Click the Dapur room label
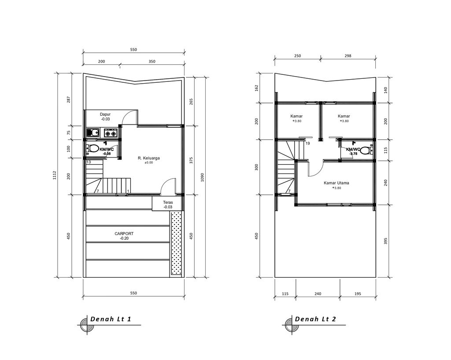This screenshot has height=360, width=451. point(105,114)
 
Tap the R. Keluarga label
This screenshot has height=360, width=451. point(148,158)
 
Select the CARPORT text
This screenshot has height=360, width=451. point(124,234)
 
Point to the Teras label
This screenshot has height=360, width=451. point(168,202)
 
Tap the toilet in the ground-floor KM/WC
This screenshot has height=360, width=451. point(93,148)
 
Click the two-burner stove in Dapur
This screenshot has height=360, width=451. point(110,132)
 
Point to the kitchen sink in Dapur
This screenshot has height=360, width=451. point(93,132)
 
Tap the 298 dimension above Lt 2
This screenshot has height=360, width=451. point(348,56)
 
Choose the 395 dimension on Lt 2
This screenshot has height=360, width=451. point(385,241)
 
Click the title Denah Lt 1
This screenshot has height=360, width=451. point(111,319)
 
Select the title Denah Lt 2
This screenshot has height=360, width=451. point(315,319)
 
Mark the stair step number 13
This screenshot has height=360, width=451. point(89,162)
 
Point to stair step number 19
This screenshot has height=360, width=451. point(307,143)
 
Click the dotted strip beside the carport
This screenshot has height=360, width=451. point(176,244)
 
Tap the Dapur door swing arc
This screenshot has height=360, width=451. point(129,117)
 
